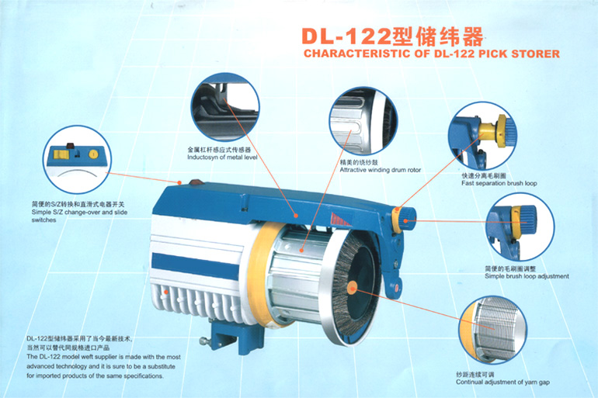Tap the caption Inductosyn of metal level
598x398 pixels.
tap(222, 157)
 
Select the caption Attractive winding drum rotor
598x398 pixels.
tap(381, 170)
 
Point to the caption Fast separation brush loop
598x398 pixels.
tap(499, 183)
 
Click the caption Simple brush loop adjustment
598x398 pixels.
tap(527, 276)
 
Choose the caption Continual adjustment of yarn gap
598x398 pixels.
tap(502, 382)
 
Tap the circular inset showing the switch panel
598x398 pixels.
tap(77, 159)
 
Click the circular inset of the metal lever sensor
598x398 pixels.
tap(225, 107)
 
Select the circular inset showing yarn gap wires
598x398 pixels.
tap(493, 330)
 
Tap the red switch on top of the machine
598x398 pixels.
tap(196, 182)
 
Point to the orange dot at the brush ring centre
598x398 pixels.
tap(352, 289)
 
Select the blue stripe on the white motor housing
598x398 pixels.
tap(195, 266)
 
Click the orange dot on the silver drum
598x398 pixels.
tap(301, 251)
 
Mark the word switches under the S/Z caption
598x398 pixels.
tap(43, 220)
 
